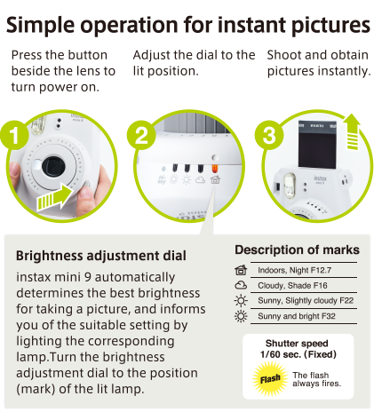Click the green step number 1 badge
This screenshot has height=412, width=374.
[x=14, y=135]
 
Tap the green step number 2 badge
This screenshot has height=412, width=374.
[x=141, y=135]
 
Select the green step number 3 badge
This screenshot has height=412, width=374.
[x=269, y=135]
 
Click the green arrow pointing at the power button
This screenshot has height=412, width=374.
[x=55, y=197]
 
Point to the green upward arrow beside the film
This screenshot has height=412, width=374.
[x=352, y=131]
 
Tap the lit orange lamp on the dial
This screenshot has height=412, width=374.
[x=214, y=169]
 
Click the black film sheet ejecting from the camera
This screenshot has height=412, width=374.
[x=317, y=145]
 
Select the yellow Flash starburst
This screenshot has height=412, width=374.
[x=270, y=378]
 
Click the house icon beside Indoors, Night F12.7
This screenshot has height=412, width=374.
[x=241, y=270]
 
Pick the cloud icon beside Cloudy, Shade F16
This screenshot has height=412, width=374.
[x=241, y=285]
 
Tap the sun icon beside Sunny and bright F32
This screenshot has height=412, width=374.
[x=241, y=316]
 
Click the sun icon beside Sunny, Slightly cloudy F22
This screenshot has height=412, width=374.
[x=241, y=301]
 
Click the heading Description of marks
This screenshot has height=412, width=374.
[x=297, y=250]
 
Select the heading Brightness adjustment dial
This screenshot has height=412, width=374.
[x=101, y=256]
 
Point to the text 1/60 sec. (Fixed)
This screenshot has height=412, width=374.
[x=298, y=354]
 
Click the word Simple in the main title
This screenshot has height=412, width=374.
[x=40, y=25]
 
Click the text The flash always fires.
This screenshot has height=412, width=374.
[x=317, y=379]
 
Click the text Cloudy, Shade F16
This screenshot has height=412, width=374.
[x=292, y=285]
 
